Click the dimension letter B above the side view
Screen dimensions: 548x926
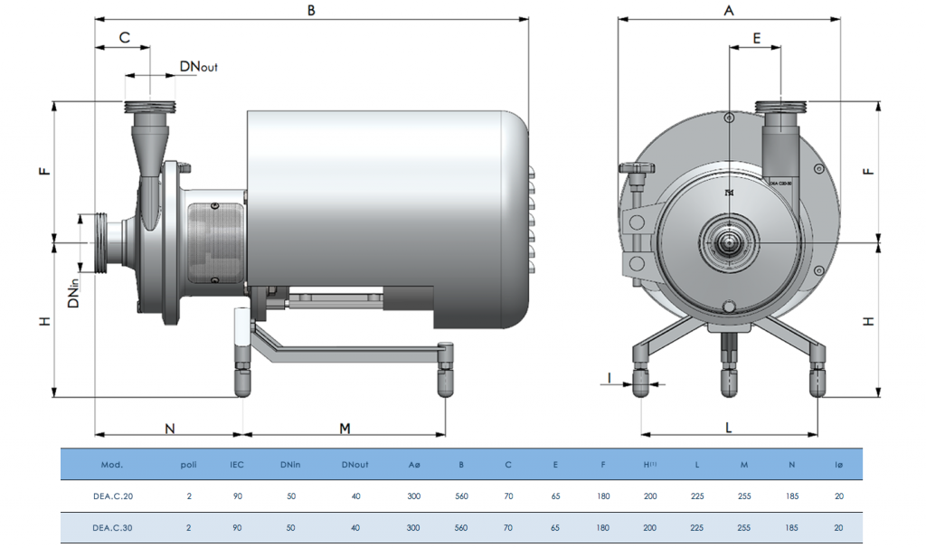point(312,10)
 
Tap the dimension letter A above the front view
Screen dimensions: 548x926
point(728,10)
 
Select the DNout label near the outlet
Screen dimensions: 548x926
point(198,66)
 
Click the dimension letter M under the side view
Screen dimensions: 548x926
point(344,428)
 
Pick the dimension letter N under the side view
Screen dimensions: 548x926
point(169,428)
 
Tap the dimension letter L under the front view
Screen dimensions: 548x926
point(729,428)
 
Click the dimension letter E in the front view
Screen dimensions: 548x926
point(756,38)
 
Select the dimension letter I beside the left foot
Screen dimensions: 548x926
point(609,376)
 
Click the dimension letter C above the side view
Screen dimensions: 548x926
point(125,38)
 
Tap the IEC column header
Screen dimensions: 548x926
point(236,465)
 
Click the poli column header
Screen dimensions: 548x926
point(188,465)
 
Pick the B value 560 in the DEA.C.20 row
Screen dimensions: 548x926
point(461,496)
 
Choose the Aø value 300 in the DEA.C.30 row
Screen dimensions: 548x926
point(414,527)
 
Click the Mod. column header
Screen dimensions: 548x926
point(112,465)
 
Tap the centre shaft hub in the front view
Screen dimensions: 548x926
point(728,241)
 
